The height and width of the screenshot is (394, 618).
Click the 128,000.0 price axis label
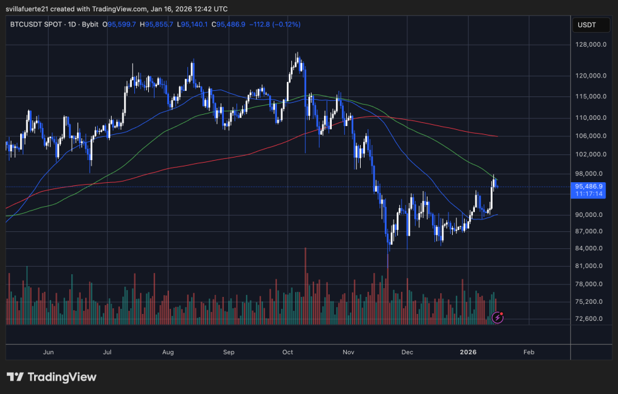coord(591,45)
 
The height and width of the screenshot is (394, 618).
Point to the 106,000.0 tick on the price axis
coord(591,136)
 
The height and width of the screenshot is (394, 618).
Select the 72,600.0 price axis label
coord(591,318)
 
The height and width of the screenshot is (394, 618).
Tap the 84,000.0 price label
coord(591,248)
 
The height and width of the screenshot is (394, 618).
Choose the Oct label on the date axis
coord(288,352)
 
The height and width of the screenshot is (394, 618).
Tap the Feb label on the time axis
coord(528,352)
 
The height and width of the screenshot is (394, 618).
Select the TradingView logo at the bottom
coord(52,377)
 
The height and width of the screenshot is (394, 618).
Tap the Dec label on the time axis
coord(407,352)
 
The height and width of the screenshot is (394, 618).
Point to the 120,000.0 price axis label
coord(591,76)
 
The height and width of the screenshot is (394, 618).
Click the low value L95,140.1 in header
coord(194,25)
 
